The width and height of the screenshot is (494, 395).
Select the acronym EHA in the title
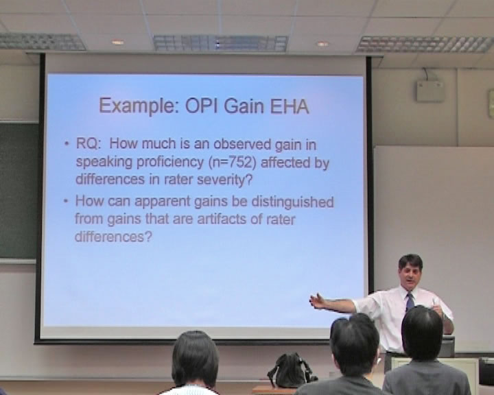pos(290,106)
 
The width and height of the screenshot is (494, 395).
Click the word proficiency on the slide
pos(170,163)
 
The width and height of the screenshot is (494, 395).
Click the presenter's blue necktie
pos(410,302)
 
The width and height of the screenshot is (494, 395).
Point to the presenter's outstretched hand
pos(318,302)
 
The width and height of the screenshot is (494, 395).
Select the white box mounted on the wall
pos(430,91)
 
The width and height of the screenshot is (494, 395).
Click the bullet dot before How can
pos(66,201)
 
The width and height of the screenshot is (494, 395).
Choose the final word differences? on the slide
pos(113,237)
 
